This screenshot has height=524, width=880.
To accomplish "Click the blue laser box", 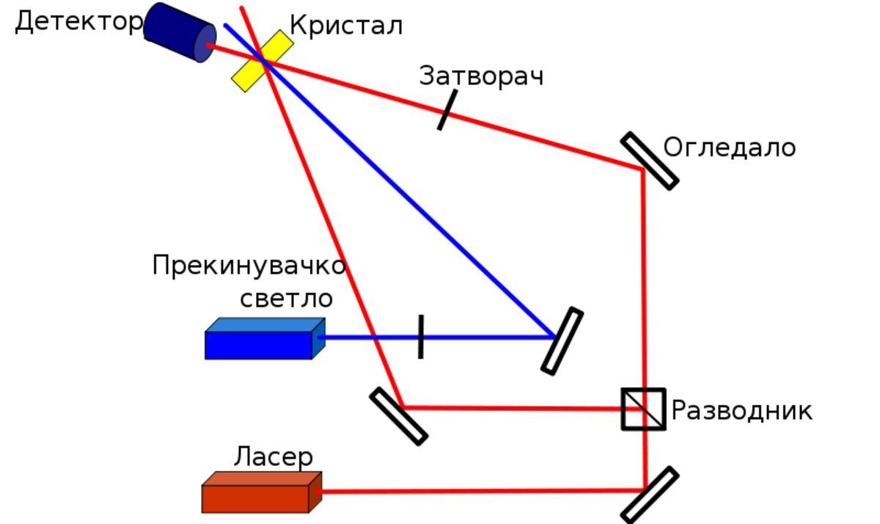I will pyautogui.click(x=259, y=345).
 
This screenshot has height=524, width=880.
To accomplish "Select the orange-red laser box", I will pyautogui.click(x=255, y=498).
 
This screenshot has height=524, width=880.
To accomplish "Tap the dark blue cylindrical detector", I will pyautogui.click(x=176, y=31).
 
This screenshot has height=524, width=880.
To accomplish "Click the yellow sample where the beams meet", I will pyautogui.click(x=263, y=61).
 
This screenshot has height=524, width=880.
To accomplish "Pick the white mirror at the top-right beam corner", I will pyautogui.click(x=650, y=161).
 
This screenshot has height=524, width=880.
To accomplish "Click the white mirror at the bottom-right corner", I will pyautogui.click(x=650, y=495).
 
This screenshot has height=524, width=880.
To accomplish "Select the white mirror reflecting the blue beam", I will pyautogui.click(x=562, y=341).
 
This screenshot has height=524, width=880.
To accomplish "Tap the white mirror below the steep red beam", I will pyautogui.click(x=398, y=416).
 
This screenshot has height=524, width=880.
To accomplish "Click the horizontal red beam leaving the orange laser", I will pyautogui.click(x=477, y=490).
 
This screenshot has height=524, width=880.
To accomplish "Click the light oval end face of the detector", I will pyautogui.click(x=205, y=43).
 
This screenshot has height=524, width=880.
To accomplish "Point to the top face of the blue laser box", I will pyautogui.click(x=264, y=325).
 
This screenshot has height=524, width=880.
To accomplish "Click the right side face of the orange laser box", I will pyautogui.click(x=315, y=492).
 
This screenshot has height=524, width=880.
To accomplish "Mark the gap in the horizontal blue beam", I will pyautogui.click(x=421, y=337).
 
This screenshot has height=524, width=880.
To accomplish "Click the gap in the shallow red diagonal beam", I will pyautogui.click(x=446, y=113).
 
